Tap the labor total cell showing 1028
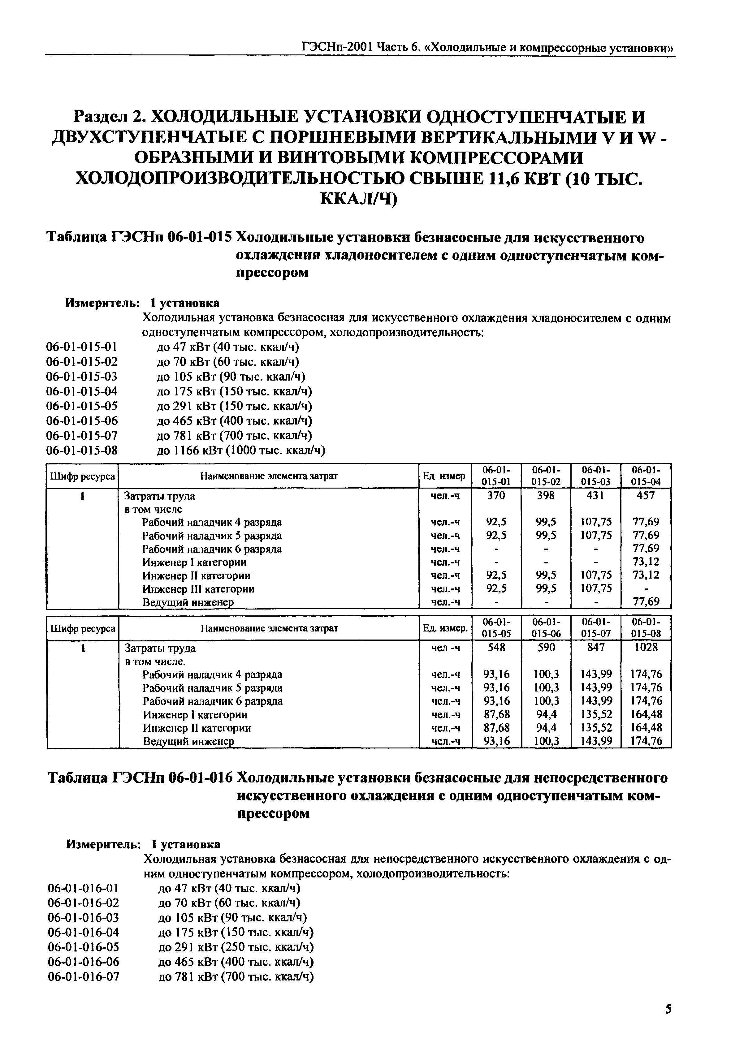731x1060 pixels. pos(646,648)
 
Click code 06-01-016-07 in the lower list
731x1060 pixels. pos(83,977)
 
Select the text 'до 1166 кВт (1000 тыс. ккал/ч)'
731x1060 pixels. pos(241,450)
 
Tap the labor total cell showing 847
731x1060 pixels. pos(596,648)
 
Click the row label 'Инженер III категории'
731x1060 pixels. pos(198,589)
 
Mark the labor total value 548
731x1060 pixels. pos(496,648)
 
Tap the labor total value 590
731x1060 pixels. pos(547,648)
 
